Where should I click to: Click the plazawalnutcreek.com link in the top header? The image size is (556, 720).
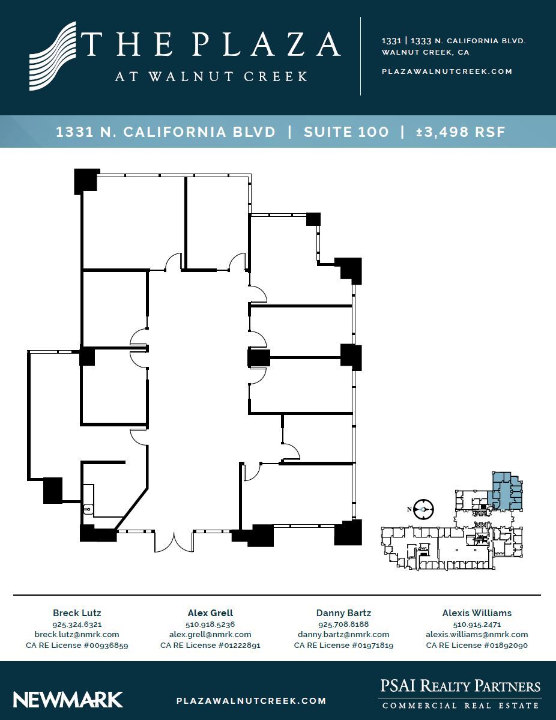tap(447, 71)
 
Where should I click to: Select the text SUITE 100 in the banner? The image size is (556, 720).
tap(346, 132)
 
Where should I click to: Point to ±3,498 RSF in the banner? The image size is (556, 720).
tap(461, 132)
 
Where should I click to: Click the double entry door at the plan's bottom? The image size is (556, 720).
tap(174, 541)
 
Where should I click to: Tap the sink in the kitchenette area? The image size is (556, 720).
tap(88, 510)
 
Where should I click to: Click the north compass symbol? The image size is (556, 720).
tap(423, 509)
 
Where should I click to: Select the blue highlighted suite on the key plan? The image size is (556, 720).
tap(506, 491)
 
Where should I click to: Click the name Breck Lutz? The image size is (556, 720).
tap(77, 613)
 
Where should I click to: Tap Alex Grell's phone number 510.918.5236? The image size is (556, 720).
tap(210, 624)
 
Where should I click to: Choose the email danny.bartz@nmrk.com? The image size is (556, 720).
tap(343, 634)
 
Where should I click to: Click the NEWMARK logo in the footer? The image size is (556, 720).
tap(68, 700)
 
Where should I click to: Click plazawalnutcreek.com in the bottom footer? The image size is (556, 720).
tap(252, 700)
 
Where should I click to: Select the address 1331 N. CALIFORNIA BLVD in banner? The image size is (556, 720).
tap(166, 132)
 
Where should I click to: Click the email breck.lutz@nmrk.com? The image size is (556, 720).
tap(77, 634)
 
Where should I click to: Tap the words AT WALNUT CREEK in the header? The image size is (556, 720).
tap(211, 77)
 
